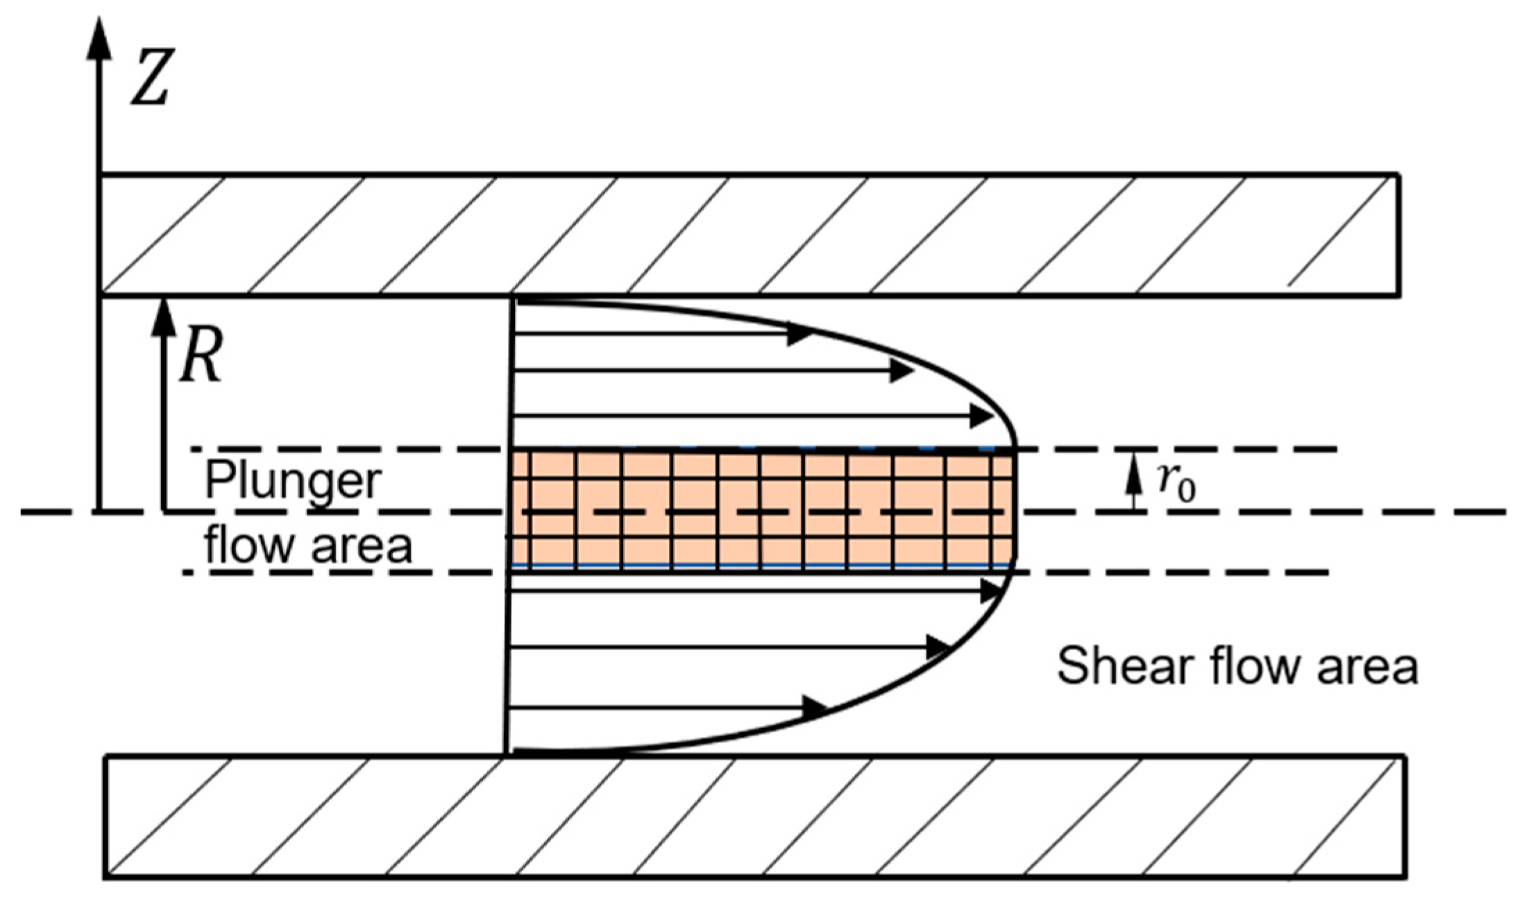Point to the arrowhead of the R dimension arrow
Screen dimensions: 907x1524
[x=164, y=319]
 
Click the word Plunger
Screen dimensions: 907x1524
[x=293, y=481]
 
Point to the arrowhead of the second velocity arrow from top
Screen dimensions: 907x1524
[x=902, y=371]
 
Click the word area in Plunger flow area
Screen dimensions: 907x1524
[x=362, y=546]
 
